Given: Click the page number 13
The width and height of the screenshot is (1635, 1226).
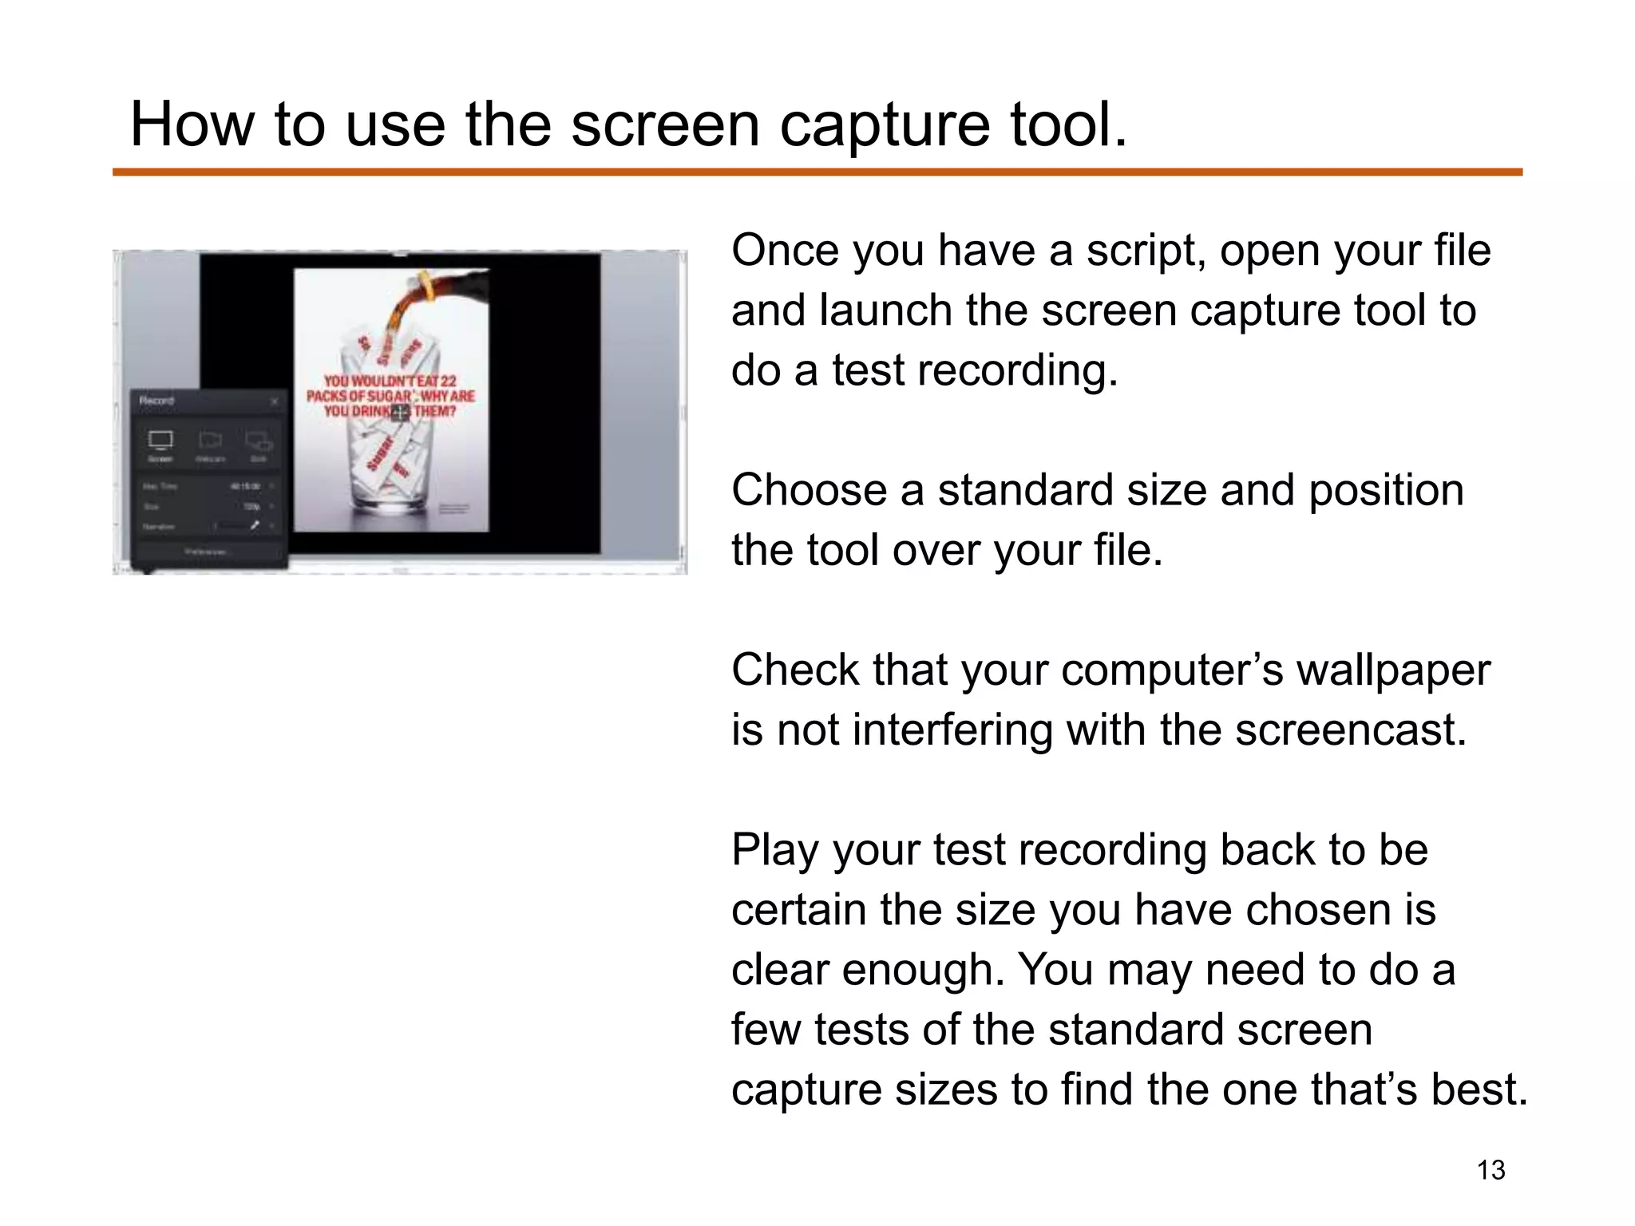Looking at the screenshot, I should point(1491,1170).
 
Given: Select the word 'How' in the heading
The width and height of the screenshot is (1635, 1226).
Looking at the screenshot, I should point(191,125).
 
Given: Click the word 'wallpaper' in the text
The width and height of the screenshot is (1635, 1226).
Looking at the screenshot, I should point(1392,670).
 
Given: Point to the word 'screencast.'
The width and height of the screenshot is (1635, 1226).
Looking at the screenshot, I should point(1351,730).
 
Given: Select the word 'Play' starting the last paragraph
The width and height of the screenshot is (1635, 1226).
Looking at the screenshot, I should point(774,851).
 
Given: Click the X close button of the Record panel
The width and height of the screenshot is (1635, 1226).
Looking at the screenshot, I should point(275,401).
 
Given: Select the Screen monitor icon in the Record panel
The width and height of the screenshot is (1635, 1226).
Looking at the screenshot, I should point(160,441).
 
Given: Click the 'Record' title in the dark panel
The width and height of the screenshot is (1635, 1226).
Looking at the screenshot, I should point(156,401).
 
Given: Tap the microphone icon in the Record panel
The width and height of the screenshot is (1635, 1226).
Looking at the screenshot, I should point(255,526).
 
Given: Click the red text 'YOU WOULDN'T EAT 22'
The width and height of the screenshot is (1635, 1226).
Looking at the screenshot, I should point(390,382).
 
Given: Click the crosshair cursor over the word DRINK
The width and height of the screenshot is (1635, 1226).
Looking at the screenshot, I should point(400,412).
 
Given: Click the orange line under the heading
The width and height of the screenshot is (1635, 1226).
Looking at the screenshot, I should point(817,172).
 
